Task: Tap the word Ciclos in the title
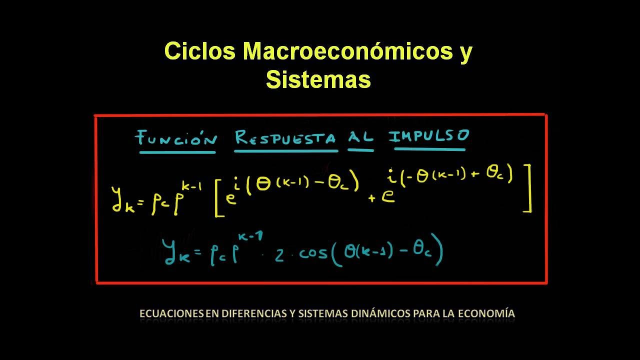[200, 52]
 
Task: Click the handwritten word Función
[176, 137]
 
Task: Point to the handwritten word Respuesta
[285, 137]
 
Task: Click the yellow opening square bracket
[218, 199]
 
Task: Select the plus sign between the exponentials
[372, 198]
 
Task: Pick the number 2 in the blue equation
[279, 255]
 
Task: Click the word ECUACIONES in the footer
[171, 314]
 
